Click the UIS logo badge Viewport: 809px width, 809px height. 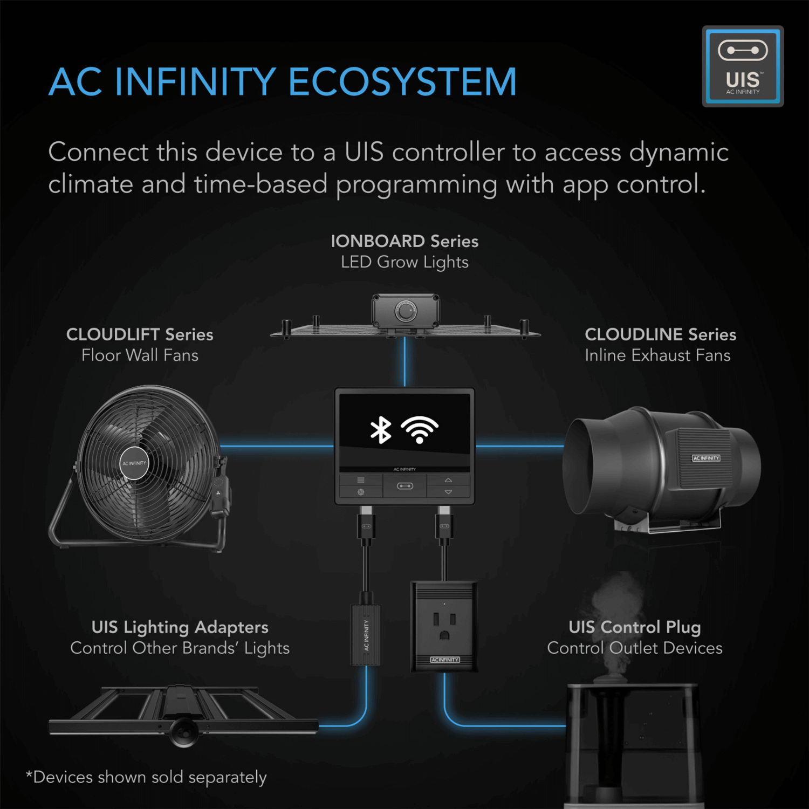[743, 66]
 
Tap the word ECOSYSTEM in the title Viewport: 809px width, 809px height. [402, 82]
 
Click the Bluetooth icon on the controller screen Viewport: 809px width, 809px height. [381, 430]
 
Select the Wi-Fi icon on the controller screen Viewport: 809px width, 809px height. [420, 430]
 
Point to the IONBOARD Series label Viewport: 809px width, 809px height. [404, 241]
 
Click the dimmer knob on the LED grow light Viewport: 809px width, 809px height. [406, 311]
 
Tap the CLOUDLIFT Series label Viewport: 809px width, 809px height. [140, 334]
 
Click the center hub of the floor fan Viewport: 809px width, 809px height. [134, 463]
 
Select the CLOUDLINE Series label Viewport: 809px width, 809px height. [660, 334]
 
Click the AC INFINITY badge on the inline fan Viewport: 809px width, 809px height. [706, 458]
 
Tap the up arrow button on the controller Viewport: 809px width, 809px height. [448, 479]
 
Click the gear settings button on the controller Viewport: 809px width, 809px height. [361, 492]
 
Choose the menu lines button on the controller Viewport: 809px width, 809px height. [361, 479]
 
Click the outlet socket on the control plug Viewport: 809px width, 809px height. [444, 626]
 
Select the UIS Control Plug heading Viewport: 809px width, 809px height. [635, 627]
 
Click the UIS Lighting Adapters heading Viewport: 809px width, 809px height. [180, 627]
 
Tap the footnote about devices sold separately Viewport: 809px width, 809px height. [147, 777]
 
